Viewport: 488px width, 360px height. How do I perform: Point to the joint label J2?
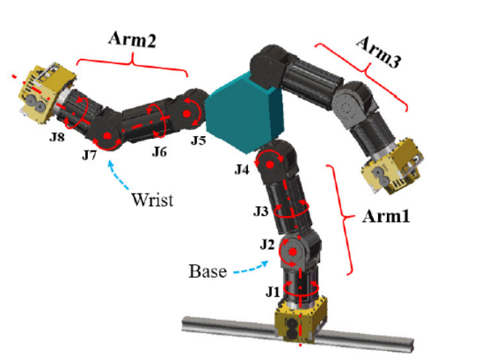[x=267, y=244]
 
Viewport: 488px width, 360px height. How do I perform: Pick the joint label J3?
[x=262, y=211]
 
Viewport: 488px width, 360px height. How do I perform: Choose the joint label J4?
[x=243, y=169]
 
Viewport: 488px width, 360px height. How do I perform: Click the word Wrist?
[x=152, y=199]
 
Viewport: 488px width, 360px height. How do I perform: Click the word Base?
[x=206, y=271]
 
